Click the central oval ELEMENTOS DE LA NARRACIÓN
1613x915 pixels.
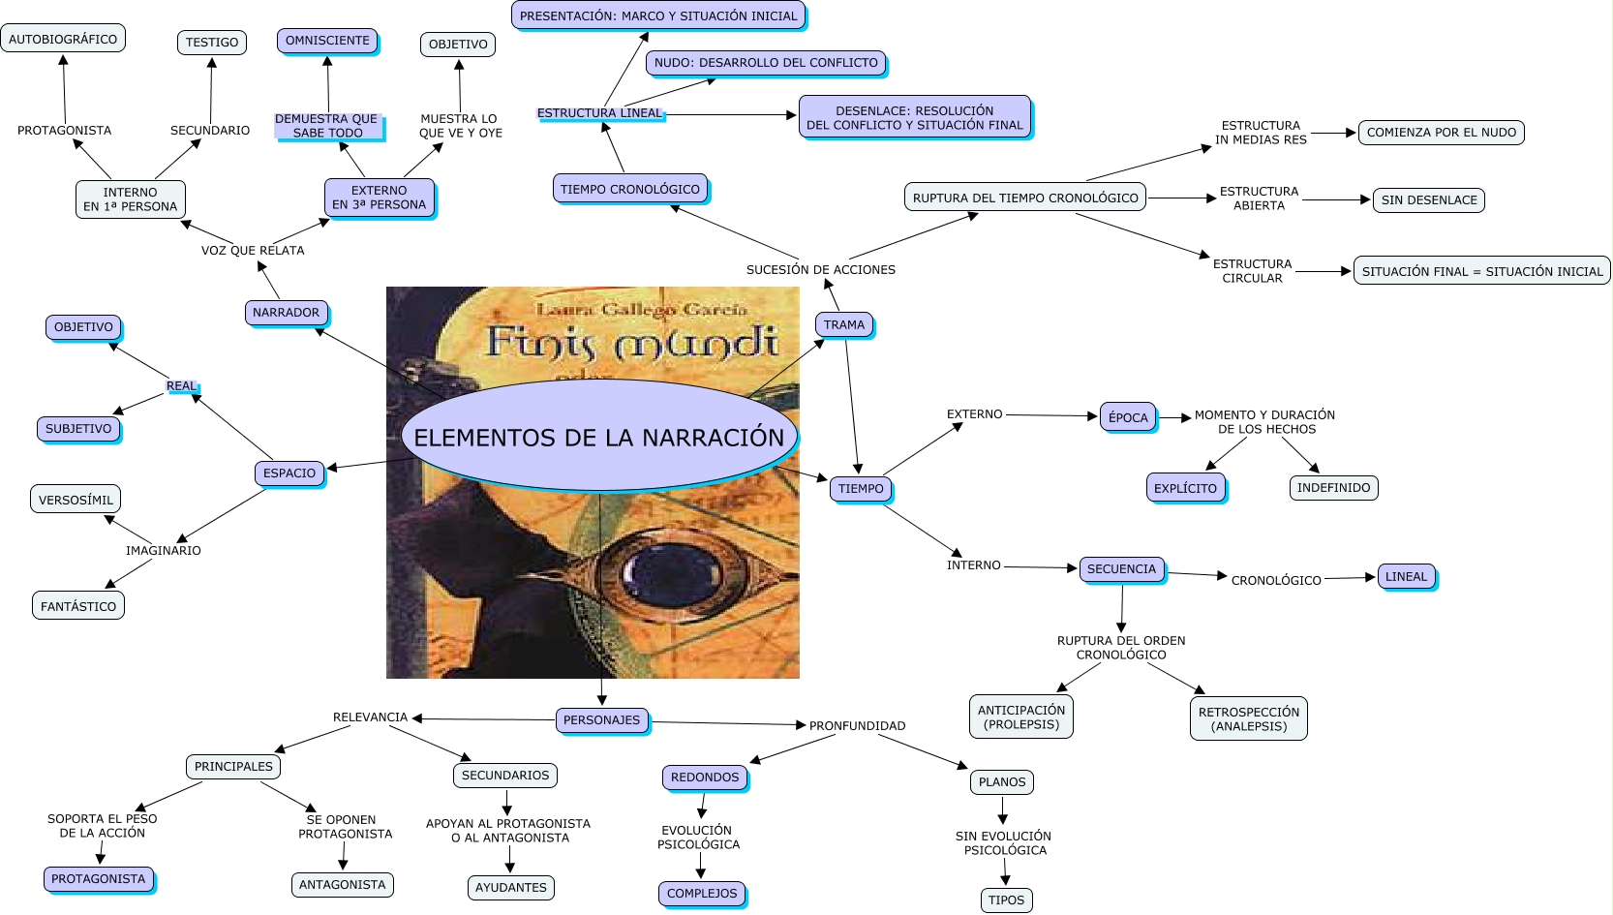(x=599, y=437)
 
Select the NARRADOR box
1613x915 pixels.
(x=286, y=313)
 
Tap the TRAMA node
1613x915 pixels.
(x=844, y=324)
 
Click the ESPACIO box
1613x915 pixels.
(x=289, y=473)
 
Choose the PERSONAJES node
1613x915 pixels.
(x=601, y=720)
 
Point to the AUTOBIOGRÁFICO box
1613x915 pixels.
(x=63, y=38)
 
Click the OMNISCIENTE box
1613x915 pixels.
(x=327, y=41)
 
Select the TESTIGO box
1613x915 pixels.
(x=212, y=43)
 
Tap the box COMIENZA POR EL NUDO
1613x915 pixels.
(x=1441, y=133)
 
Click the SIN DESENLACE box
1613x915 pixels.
(x=1429, y=200)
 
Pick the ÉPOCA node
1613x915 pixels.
(x=1128, y=417)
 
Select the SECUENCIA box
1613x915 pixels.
(x=1121, y=568)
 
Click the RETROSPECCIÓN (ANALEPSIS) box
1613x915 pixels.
(x=1249, y=718)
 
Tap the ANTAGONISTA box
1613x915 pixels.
(x=342, y=885)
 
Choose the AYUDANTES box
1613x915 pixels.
(x=510, y=888)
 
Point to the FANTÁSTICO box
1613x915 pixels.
(x=77, y=606)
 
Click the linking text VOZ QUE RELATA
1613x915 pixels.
(x=253, y=251)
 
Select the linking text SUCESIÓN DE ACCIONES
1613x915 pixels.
(x=820, y=270)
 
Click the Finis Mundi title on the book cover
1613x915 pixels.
(x=633, y=341)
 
